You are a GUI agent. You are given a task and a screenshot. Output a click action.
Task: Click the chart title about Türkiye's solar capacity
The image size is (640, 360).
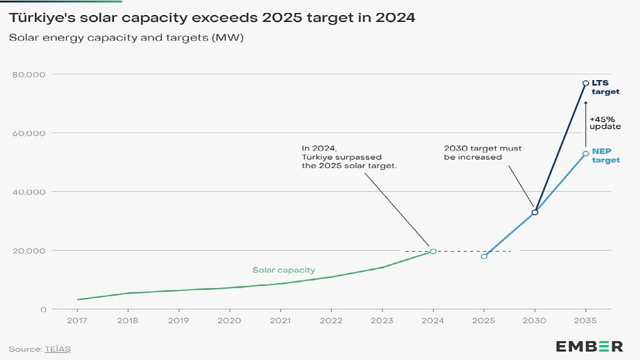coord(212,17)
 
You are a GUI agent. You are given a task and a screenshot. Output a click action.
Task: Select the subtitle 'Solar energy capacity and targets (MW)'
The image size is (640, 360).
coord(126,37)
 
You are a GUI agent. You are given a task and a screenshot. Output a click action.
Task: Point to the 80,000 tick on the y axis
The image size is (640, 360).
coord(29,74)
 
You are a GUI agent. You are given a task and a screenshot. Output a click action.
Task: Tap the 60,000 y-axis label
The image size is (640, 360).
coord(29,133)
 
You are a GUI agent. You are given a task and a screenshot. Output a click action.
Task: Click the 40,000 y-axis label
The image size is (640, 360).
coord(29,192)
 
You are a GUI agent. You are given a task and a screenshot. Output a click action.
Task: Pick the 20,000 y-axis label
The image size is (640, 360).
coord(29,251)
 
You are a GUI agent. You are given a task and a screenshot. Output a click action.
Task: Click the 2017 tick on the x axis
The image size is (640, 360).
coord(77,320)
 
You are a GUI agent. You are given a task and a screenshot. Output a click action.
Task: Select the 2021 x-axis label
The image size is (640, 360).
coord(280,320)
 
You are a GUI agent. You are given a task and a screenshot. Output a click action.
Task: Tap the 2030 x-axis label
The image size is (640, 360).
coord(534,320)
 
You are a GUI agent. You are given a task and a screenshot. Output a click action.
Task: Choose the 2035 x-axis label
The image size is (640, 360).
coord(585,320)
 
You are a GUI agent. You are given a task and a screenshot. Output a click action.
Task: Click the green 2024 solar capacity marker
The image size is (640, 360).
coord(433,251)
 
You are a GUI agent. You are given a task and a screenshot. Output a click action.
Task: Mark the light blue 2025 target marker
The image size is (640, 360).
coord(484,256)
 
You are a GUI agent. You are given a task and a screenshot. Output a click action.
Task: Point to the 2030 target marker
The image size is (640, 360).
coord(534,212)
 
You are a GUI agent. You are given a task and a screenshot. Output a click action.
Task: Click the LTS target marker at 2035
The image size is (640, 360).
coord(586,83)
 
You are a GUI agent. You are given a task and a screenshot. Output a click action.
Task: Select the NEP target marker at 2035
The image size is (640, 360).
coord(586,154)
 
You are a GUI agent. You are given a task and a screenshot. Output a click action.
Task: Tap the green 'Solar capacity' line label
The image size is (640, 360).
coord(284,270)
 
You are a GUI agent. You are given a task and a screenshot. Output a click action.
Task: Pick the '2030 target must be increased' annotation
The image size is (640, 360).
coord(482,152)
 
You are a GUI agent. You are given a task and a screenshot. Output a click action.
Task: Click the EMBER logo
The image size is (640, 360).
coord(589,346)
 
